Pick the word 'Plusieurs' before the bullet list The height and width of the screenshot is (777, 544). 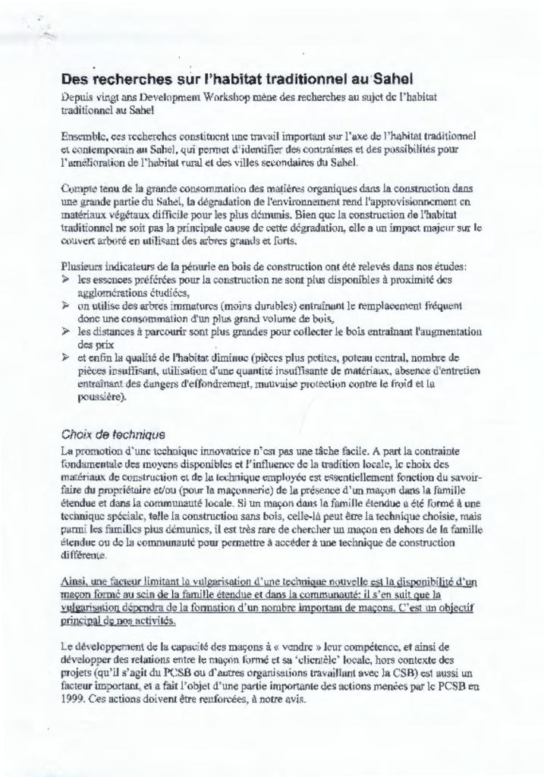tap(83, 266)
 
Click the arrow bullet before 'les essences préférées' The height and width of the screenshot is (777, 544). tap(65, 279)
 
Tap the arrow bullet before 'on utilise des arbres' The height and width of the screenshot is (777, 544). tap(65, 305)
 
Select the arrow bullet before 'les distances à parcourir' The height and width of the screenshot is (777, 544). tap(65, 331)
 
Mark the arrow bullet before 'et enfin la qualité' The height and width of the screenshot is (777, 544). tap(65, 357)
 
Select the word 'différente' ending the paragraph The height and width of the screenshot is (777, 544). tap(84, 555)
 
